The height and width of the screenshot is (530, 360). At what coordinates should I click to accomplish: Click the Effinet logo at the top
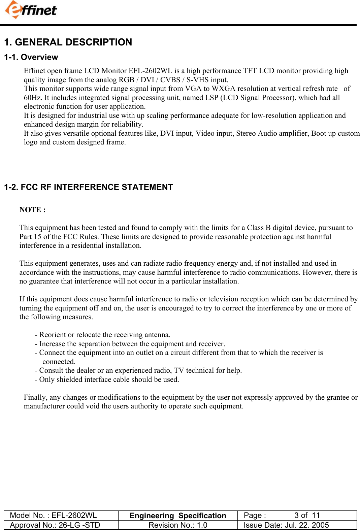pyautogui.click(x=31, y=10)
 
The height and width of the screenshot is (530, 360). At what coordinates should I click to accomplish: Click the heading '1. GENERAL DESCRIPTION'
pyautogui.click(x=68, y=42)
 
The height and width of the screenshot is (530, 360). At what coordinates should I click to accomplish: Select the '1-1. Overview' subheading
pyautogui.click(x=31, y=57)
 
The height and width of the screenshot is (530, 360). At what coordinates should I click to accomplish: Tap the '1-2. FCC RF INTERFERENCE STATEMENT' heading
pyautogui.click(x=88, y=187)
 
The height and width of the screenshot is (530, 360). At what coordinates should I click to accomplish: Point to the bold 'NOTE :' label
pyautogui.click(x=32, y=210)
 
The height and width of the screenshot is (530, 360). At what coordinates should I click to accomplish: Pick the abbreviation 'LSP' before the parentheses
pyautogui.click(x=211, y=98)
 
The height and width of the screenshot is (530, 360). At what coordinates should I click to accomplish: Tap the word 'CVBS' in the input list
pyautogui.click(x=170, y=80)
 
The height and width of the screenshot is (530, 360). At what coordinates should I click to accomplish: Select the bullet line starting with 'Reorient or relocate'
pyautogui.click(x=103, y=335)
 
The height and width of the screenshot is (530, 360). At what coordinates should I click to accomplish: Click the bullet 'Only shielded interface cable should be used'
pyautogui.click(x=107, y=379)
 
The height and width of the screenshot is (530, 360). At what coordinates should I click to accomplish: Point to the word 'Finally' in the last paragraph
pyautogui.click(x=34, y=397)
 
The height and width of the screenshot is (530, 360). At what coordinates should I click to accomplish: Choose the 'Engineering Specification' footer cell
pyautogui.click(x=178, y=516)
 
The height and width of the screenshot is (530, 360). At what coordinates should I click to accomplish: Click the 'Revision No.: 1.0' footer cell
pyautogui.click(x=178, y=525)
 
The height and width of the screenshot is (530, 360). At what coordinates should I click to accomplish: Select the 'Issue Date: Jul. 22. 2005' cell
pyautogui.click(x=286, y=525)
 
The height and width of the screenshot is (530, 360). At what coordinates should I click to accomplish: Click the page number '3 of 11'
pyautogui.click(x=307, y=516)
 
